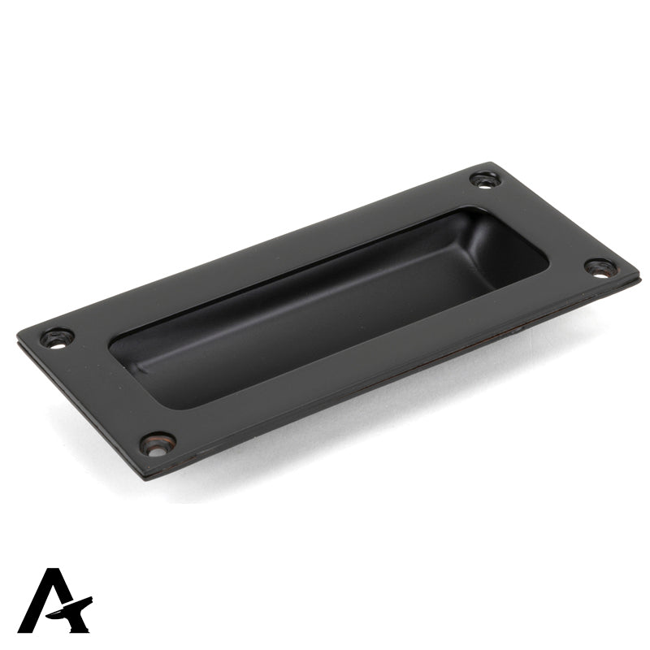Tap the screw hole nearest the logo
pos(157,443)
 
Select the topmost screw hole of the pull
pos(485,179)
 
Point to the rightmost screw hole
pos(600,267)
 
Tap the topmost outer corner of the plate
pos(493,163)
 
